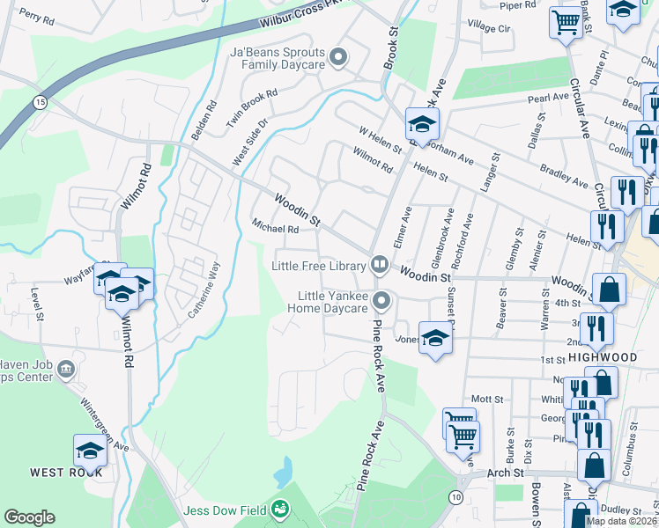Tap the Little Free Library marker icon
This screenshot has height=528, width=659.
(x=380, y=263)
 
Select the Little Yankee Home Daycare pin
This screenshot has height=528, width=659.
(x=381, y=301)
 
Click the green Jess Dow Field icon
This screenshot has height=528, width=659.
(x=280, y=509)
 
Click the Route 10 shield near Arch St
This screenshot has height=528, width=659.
(x=455, y=498)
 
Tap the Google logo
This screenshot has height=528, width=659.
(x=29, y=517)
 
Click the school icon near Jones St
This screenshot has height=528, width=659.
(x=435, y=338)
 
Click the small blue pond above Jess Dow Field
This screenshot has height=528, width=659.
(x=283, y=473)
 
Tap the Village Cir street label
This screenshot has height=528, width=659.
(x=489, y=27)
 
